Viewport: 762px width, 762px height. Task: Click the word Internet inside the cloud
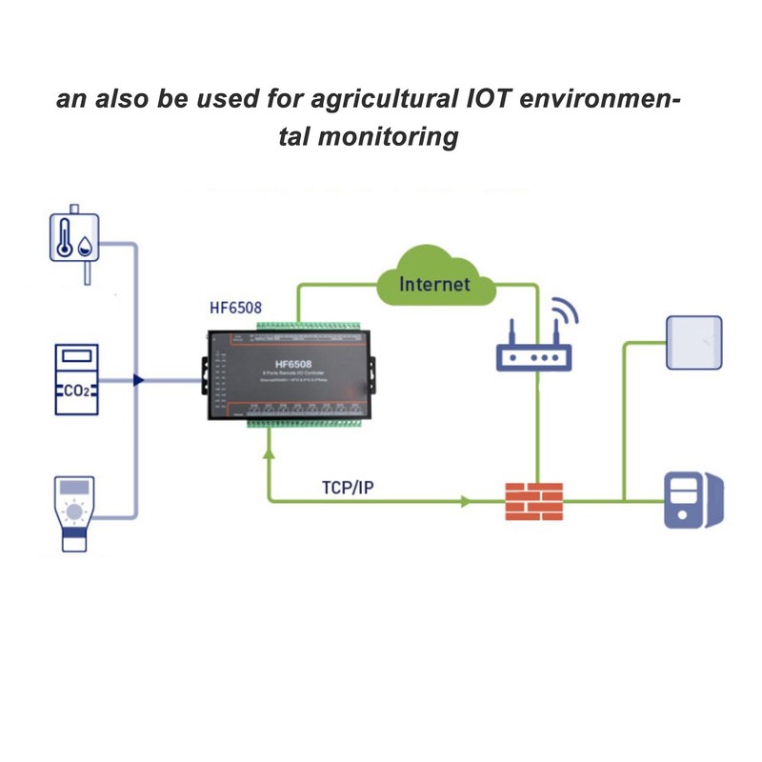click(434, 283)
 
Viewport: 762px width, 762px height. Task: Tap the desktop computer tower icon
click(692, 499)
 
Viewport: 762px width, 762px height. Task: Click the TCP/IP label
click(349, 488)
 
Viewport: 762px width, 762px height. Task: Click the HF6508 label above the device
click(235, 308)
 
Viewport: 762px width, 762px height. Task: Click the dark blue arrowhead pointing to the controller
click(139, 379)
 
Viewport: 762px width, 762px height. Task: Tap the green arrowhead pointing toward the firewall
click(467, 499)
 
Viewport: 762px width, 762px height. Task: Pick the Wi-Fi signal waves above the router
click(566, 313)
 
